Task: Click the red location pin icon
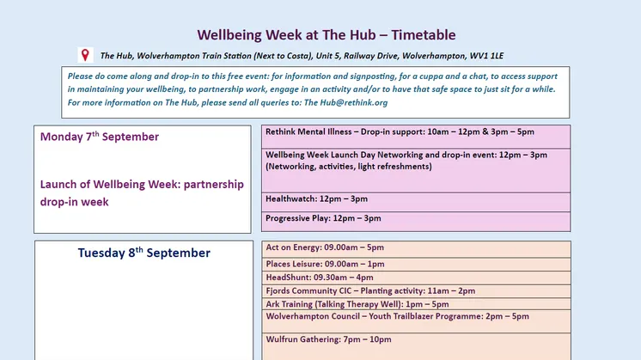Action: [x=85, y=55]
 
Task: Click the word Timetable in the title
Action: [x=423, y=35]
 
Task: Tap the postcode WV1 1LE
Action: [x=486, y=56]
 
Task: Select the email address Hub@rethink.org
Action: [x=354, y=102]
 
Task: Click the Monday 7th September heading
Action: [x=100, y=137]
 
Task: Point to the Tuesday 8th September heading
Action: [x=143, y=253]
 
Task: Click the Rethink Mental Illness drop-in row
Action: [x=416, y=137]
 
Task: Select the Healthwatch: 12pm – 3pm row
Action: [x=416, y=202]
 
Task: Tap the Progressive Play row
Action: [x=416, y=222]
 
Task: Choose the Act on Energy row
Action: [x=416, y=249]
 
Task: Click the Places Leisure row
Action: [x=416, y=265]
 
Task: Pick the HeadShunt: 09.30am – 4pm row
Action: [x=416, y=278]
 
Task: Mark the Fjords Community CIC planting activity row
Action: [x=416, y=291]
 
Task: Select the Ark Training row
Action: [x=416, y=304]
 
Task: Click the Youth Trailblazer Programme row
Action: [x=416, y=321]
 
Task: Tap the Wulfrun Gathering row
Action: [x=416, y=346]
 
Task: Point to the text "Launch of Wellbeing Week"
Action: [x=110, y=184]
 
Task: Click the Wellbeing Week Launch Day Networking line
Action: [x=406, y=155]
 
